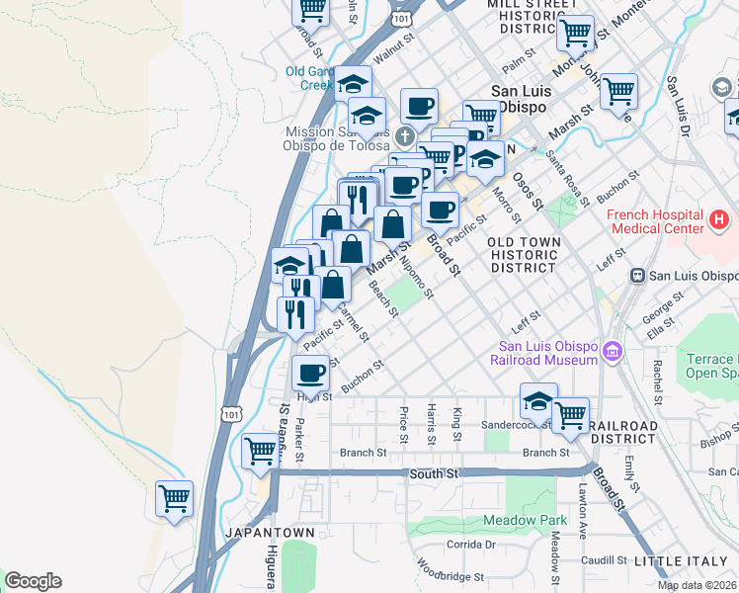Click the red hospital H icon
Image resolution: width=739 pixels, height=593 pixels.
[719, 218]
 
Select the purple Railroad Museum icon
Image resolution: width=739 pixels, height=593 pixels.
[612, 351]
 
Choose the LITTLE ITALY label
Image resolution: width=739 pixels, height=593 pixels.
[686, 561]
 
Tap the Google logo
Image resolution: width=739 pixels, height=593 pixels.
[33, 581]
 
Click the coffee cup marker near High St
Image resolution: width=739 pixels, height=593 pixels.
[311, 374]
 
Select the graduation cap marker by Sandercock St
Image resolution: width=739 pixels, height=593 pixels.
[538, 401]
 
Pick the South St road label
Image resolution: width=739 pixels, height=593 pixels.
[435, 474]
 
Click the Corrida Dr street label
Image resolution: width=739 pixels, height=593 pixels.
[470, 545]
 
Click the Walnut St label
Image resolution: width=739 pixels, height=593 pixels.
[392, 52]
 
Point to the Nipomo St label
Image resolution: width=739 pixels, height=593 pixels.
[417, 278]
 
